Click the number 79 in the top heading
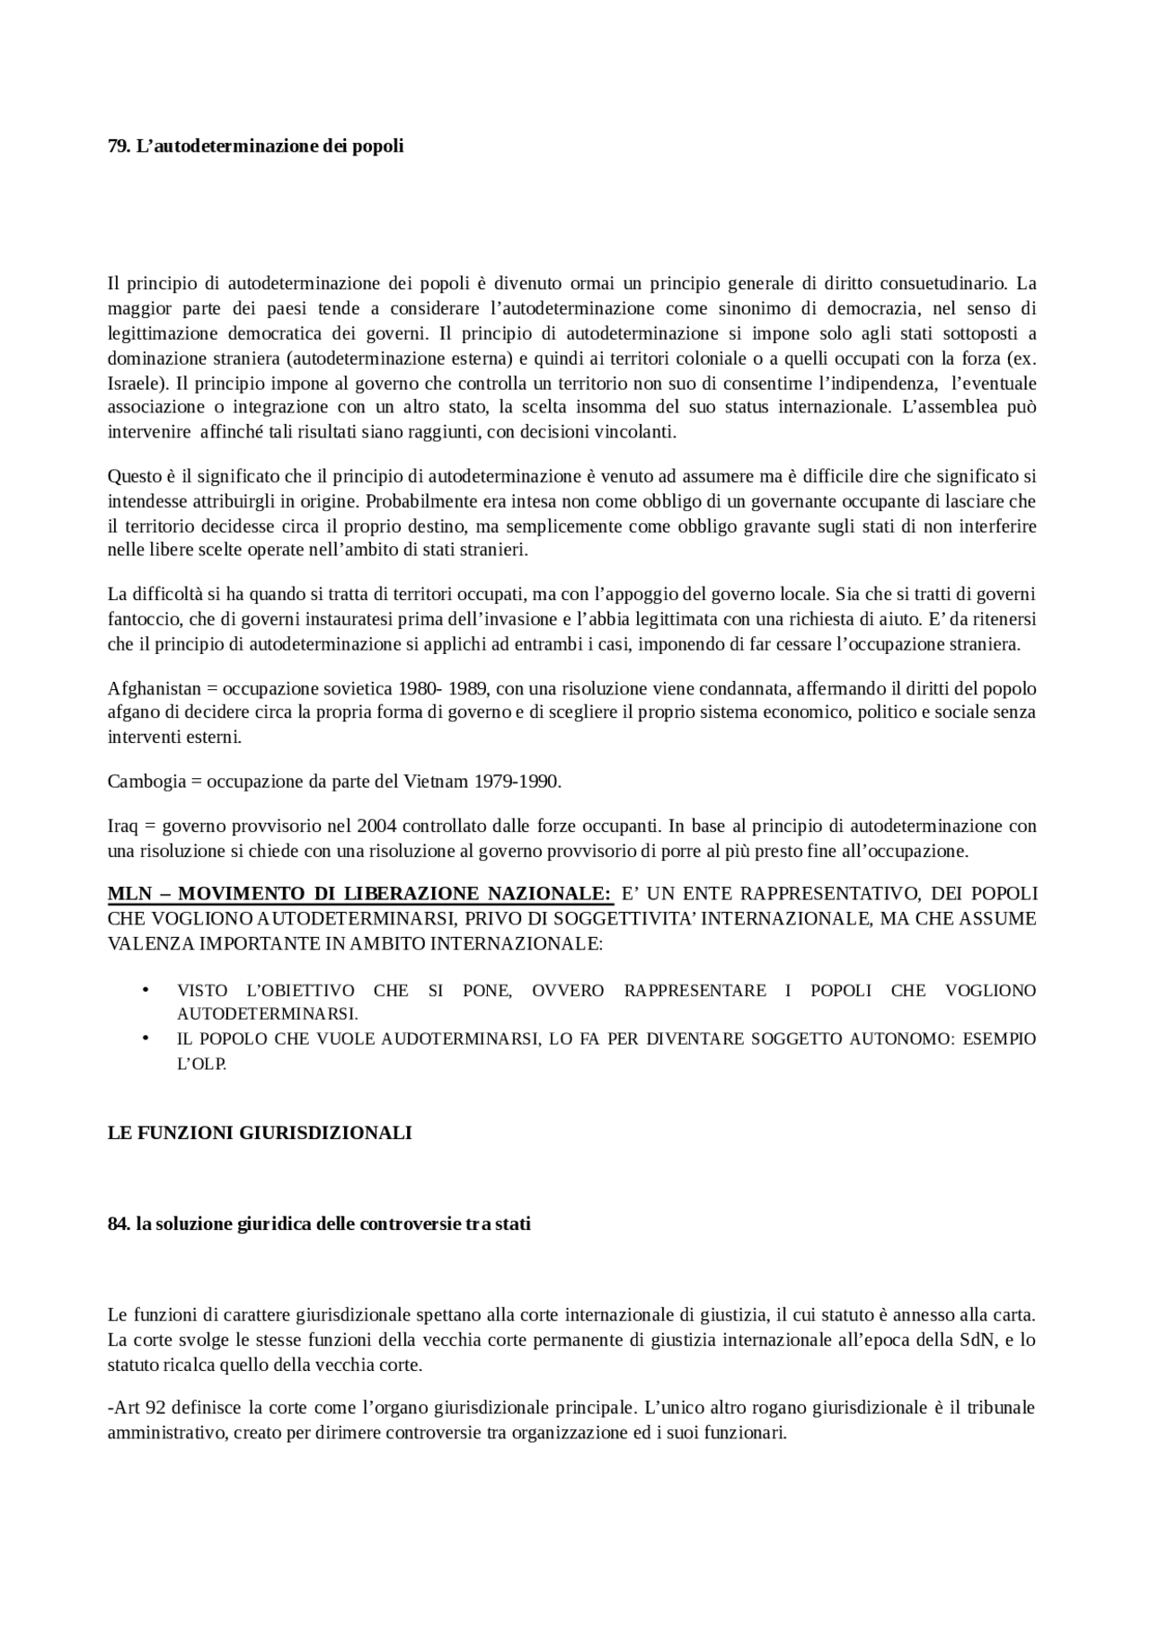point(118,146)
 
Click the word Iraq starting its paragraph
point(122,826)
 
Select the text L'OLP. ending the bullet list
point(201,1064)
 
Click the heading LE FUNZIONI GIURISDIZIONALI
point(260,1133)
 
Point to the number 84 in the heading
point(119,1225)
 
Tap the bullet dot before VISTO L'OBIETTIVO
point(144,990)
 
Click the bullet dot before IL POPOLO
point(144,1039)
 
